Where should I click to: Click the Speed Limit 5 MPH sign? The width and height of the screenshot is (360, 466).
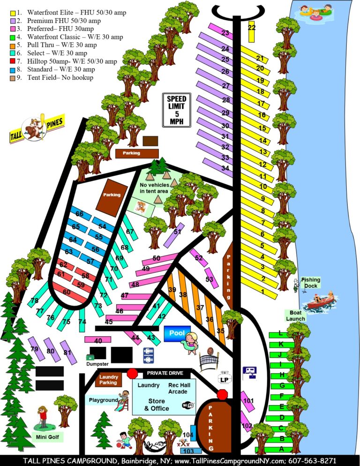point(177,110)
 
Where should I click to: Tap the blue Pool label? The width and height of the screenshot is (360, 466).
point(177,333)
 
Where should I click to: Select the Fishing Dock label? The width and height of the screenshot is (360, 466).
point(310,283)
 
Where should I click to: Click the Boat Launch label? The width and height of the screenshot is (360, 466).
point(295,316)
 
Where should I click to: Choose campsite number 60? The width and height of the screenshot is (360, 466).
point(67,292)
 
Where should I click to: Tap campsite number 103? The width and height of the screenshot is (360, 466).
point(188,451)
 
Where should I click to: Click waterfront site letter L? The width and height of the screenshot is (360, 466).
point(281,333)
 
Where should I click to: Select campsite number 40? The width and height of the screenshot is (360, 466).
point(98,341)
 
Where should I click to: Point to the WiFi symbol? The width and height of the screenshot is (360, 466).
point(188,405)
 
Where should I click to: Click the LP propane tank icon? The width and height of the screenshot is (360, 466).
point(225,378)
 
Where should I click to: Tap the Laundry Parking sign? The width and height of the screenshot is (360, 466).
point(108,379)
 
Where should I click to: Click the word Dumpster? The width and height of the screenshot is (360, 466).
point(97,364)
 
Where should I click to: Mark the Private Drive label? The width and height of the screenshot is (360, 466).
point(164,373)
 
